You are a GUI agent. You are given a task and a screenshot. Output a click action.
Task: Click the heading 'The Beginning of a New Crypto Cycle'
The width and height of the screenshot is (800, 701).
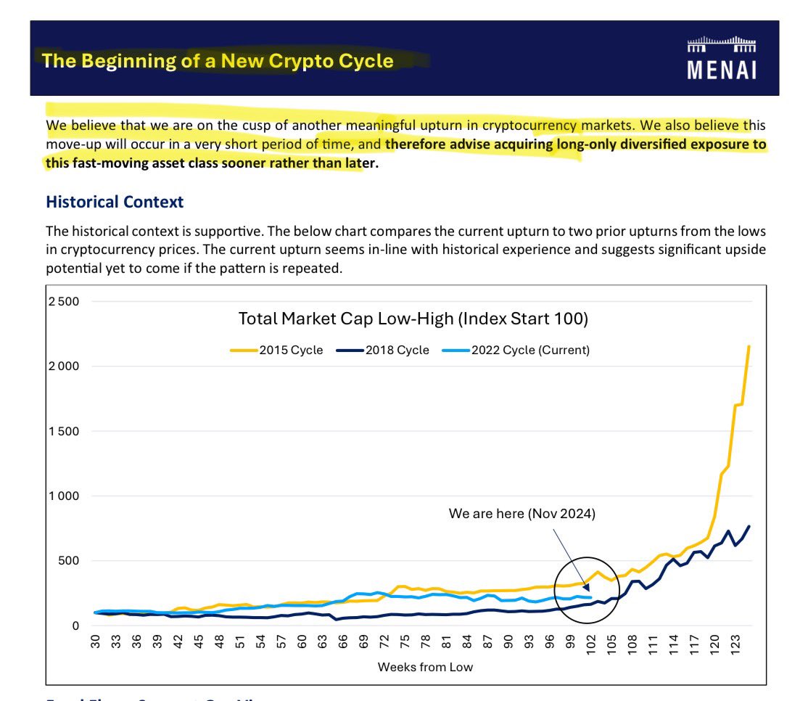pos(218,60)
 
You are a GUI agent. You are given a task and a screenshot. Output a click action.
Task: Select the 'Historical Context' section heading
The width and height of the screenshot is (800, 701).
pos(115,202)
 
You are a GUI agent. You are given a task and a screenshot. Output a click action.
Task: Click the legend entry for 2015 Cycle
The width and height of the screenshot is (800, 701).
pos(277,350)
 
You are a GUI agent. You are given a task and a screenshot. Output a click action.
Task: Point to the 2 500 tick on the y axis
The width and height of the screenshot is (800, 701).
pos(65,301)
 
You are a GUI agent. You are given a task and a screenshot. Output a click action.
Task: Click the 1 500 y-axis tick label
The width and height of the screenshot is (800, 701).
pos(65,431)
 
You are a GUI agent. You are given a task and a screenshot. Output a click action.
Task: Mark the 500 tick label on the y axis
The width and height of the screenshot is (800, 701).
pos(70,561)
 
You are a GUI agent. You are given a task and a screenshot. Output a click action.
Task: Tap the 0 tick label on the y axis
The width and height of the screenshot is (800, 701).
pos(75,626)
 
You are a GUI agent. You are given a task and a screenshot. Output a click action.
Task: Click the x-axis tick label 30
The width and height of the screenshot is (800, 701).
pos(95,643)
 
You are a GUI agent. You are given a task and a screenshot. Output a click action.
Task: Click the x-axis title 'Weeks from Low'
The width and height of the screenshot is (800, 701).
pos(425,667)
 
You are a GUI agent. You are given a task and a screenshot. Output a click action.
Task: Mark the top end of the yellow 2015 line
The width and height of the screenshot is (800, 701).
pos(749,346)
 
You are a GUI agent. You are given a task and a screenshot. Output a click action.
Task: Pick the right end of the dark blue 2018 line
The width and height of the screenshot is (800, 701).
pos(749,526)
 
